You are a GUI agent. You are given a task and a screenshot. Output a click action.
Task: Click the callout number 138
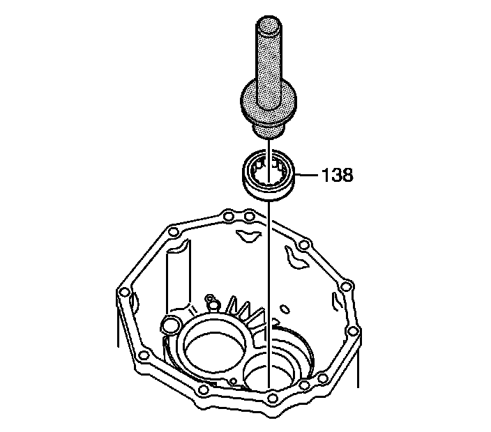(338, 175)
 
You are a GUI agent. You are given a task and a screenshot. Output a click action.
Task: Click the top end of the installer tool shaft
(269, 24)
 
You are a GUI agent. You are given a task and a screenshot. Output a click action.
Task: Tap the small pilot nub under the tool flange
(269, 130)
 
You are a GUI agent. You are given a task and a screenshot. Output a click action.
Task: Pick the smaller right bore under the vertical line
(270, 369)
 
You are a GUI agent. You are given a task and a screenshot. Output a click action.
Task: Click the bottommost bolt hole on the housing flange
(273, 398)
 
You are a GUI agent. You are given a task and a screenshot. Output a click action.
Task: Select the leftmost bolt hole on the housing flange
(124, 293)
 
